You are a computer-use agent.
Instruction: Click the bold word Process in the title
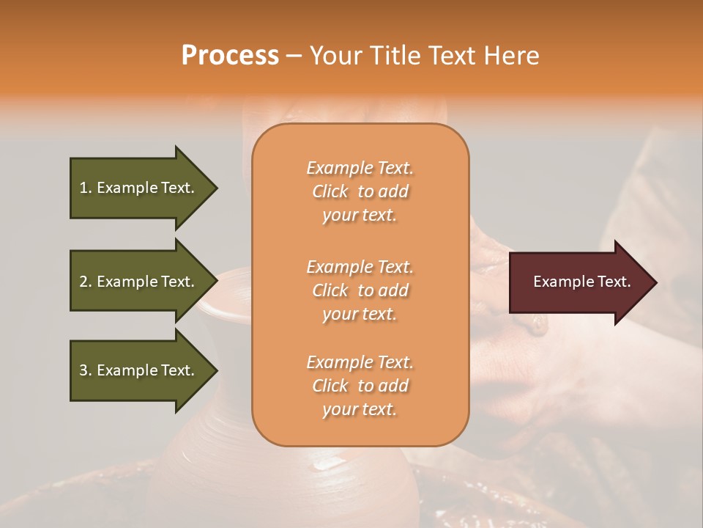[230, 56]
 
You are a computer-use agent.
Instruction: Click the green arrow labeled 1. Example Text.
[139, 188]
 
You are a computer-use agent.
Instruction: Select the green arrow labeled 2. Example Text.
[139, 282]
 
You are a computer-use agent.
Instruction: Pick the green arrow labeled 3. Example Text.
[139, 370]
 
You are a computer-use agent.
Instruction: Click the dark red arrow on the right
[579, 282]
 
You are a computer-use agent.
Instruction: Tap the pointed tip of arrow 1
[215, 188]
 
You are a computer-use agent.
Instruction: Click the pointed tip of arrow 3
[215, 370]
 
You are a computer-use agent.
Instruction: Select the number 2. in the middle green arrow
[86, 282]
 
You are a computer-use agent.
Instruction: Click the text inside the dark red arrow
[581, 282]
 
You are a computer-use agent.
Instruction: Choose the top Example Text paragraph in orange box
[360, 191]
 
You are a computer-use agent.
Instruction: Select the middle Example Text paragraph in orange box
[360, 290]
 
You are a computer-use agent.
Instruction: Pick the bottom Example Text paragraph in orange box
[360, 386]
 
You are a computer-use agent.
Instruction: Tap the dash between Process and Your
[294, 56]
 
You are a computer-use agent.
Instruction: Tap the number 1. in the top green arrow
[85, 188]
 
